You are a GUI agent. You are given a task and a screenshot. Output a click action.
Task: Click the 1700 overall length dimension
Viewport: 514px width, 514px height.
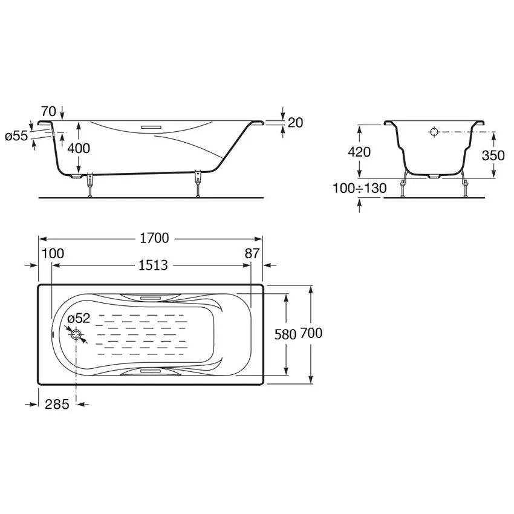154,238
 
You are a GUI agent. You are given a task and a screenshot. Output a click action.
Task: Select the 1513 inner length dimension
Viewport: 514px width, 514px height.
154,265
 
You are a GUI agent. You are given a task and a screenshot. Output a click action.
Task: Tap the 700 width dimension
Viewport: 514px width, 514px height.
311,333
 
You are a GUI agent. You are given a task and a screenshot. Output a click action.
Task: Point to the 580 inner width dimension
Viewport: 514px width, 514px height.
285,334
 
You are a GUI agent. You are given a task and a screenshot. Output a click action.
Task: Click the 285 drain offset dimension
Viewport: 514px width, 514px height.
57,404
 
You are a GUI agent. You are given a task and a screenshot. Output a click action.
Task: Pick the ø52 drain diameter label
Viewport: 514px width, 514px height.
79,318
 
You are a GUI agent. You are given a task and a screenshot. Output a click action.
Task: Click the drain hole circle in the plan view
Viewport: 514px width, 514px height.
76,334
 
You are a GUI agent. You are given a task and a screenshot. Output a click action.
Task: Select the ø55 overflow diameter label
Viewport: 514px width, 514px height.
16,135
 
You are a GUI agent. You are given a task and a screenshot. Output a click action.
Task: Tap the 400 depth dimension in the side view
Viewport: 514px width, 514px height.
79,148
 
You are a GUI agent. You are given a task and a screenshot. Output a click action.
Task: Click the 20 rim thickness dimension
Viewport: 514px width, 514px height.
295,123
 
